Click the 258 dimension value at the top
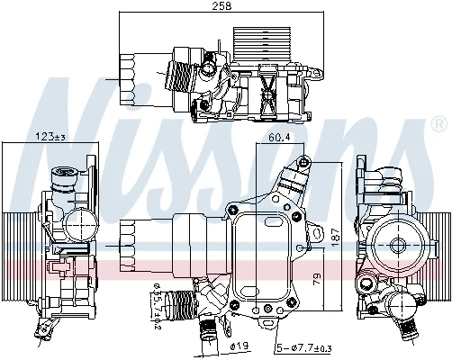click(221, 6)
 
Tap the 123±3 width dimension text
click(50, 137)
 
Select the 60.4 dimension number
click(279, 138)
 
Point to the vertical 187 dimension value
click(335, 238)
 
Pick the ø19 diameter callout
click(240, 346)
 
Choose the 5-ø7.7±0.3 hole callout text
click(303, 348)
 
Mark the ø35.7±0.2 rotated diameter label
click(157, 307)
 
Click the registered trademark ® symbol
click(438, 124)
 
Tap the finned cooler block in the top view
click(262, 44)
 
